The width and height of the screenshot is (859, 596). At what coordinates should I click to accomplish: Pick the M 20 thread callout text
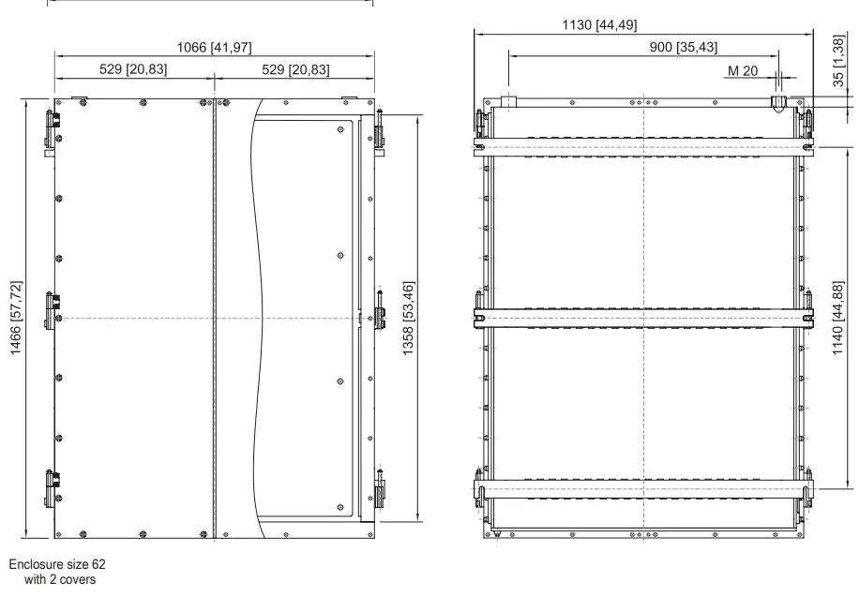click(742, 70)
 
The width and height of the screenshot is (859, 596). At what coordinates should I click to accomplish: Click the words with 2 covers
click(60, 578)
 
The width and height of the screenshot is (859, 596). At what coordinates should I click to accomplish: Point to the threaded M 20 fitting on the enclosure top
click(777, 101)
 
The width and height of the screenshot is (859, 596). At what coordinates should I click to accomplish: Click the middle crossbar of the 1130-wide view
click(642, 318)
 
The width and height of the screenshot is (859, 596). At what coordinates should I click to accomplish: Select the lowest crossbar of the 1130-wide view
click(642, 488)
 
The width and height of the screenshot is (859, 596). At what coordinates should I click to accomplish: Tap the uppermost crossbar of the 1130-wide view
click(642, 147)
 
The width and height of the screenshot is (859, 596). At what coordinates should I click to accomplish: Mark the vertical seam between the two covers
click(215, 319)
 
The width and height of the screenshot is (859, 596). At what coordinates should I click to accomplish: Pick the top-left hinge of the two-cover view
click(53, 127)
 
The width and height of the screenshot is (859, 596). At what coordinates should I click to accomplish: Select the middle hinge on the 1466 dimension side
click(53, 307)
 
